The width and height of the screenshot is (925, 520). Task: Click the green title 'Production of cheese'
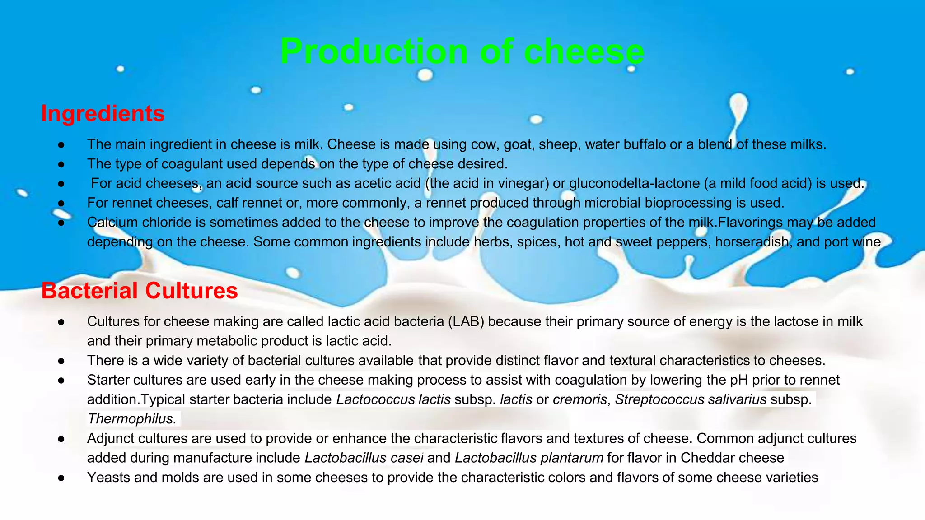coord(462,51)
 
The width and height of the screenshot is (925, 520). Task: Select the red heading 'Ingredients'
coord(103,113)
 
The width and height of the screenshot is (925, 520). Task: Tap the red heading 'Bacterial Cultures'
coord(140,291)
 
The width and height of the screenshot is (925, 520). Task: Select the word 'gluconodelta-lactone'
coord(634,183)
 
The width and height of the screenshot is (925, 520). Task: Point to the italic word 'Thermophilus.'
coord(132,419)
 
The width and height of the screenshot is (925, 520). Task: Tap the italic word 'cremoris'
coord(579,399)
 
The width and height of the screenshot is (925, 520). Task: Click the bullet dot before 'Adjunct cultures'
coord(61,439)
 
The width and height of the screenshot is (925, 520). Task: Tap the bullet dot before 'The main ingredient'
coord(61,145)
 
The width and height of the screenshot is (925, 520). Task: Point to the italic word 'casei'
coord(407,458)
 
